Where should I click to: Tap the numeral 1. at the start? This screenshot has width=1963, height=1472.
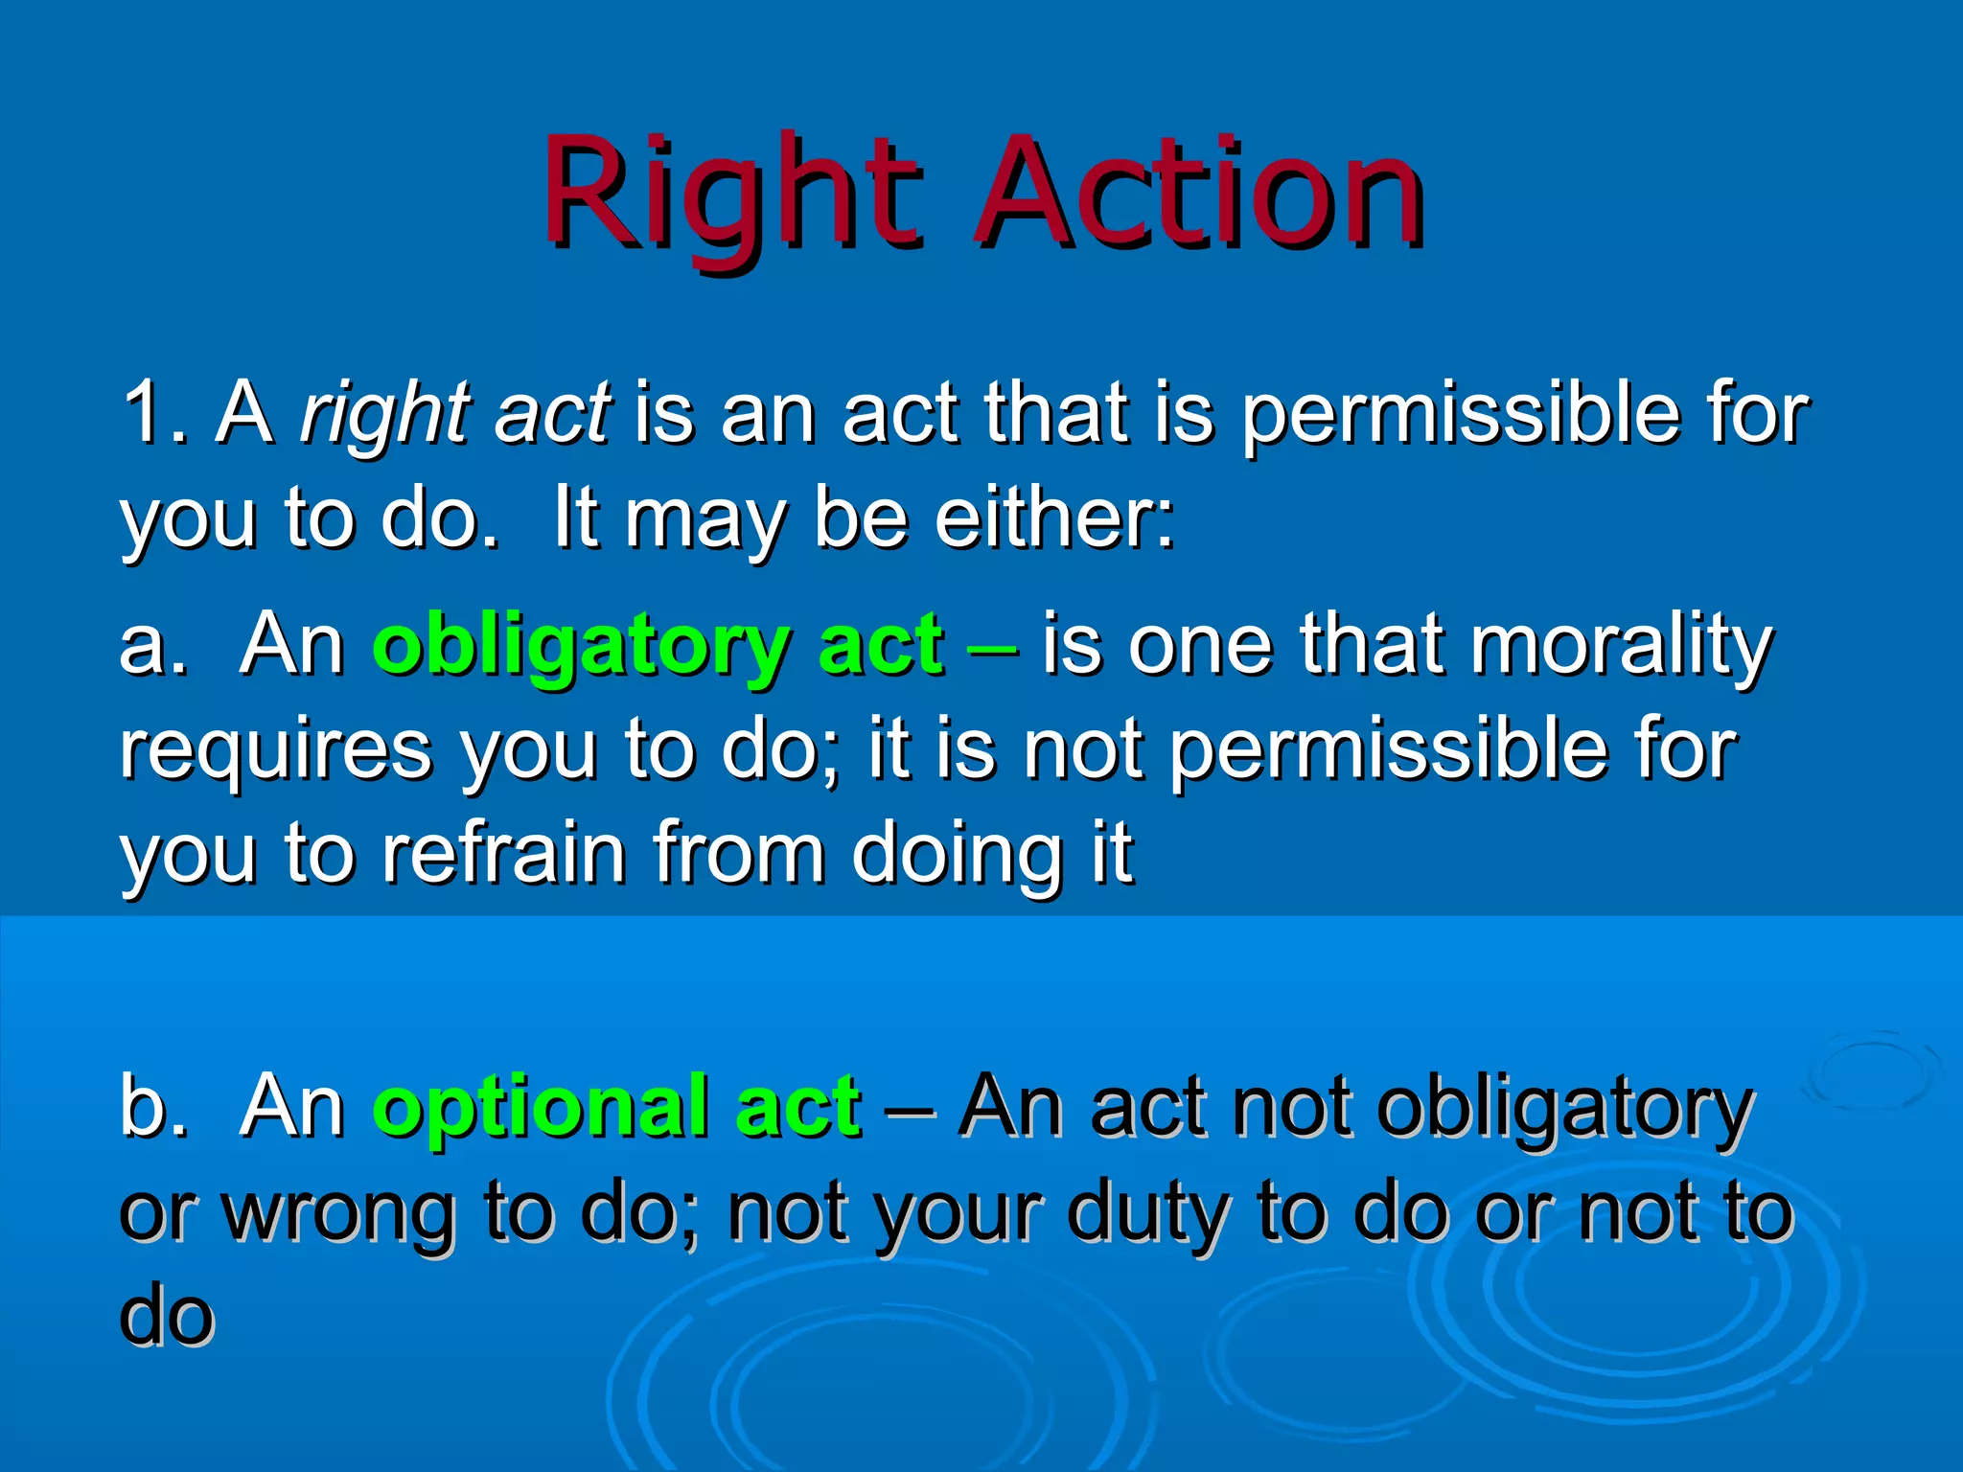[x=153, y=414]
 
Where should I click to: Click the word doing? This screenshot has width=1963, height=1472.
[x=958, y=856]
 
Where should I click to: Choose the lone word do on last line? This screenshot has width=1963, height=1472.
[x=167, y=1316]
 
